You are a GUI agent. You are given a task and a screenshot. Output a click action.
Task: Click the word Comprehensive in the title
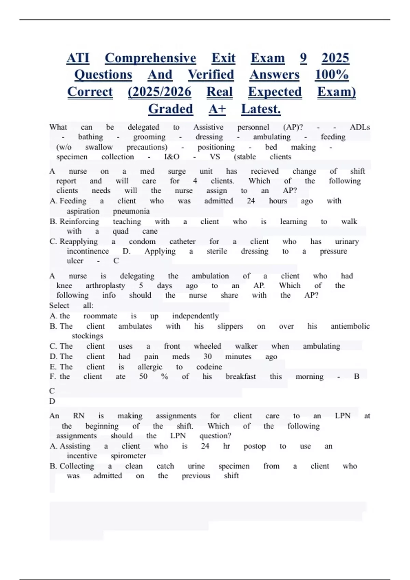(x=150, y=58)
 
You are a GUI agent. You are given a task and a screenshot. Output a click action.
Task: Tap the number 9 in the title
(x=303, y=58)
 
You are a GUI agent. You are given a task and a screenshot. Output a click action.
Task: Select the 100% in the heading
(x=331, y=75)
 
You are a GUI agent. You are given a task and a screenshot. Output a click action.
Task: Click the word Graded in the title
(x=170, y=109)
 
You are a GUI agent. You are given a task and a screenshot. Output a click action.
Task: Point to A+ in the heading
(x=217, y=109)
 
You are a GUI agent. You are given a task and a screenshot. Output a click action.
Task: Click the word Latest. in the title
(x=261, y=109)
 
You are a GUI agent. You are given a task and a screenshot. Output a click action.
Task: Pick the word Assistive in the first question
(x=208, y=127)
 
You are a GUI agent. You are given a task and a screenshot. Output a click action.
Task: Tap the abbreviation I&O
(x=172, y=157)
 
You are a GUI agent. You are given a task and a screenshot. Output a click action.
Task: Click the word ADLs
(x=359, y=127)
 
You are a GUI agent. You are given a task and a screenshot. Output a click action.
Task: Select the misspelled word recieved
(x=264, y=171)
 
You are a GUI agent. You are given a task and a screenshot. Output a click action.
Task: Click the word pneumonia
(x=131, y=211)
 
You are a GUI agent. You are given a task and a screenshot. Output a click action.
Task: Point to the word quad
(x=120, y=231)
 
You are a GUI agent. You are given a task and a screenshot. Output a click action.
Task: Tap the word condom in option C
(x=142, y=242)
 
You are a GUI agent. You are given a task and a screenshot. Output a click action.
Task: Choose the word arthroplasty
(x=105, y=286)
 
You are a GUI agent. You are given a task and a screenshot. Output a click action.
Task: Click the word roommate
(x=100, y=316)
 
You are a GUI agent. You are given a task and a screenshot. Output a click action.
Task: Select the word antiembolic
(x=350, y=326)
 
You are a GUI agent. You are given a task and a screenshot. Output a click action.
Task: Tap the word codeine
(x=209, y=367)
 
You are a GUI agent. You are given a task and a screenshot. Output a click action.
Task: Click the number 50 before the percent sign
(x=143, y=377)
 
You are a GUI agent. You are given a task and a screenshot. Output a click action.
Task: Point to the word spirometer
(x=128, y=456)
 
